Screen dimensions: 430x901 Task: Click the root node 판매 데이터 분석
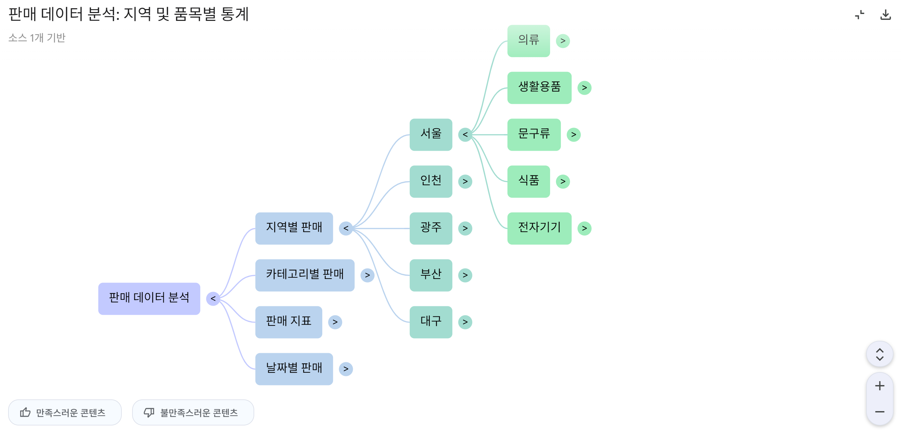[149, 298]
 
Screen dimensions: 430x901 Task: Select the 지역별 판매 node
[294, 228]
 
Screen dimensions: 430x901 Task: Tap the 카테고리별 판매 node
[304, 275]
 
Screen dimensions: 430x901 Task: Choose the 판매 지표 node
[288, 322]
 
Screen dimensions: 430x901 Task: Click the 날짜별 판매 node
[294, 369]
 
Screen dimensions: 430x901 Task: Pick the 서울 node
[431, 134]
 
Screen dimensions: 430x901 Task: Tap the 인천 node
[431, 181]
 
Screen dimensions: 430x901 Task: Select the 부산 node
[431, 275]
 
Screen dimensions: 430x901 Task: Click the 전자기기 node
[539, 228]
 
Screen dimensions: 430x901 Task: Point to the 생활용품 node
[539, 88]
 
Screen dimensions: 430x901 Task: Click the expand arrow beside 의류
[563, 41]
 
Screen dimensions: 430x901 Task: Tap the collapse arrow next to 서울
[465, 134]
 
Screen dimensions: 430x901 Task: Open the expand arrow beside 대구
[465, 322]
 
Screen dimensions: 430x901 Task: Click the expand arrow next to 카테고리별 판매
[367, 275]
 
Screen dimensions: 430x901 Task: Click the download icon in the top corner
[885, 15]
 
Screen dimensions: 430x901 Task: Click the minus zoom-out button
[879, 412]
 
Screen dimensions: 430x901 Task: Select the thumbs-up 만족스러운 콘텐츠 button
[65, 412]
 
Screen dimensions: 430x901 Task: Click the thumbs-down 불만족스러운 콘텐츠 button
[193, 412]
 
